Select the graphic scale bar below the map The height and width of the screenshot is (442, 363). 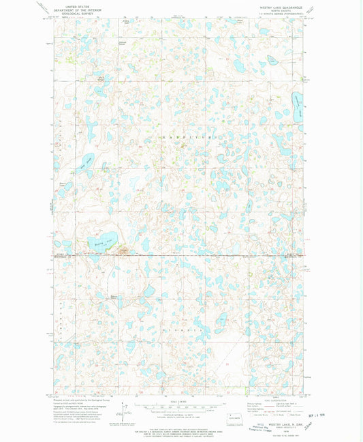point(179,407)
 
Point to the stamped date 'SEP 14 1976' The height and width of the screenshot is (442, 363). point(332,414)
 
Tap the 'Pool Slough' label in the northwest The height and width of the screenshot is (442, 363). point(101,79)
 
